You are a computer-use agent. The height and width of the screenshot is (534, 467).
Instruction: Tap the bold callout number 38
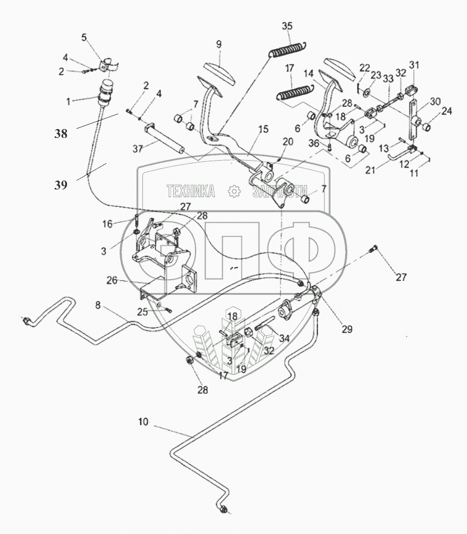62,133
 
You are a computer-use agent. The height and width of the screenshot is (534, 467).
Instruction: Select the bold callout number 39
61,185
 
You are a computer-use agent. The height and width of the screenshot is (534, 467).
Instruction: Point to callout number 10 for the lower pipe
143,422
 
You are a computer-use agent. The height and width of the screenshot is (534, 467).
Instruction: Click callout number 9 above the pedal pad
219,44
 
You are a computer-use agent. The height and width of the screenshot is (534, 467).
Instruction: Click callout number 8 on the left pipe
98,304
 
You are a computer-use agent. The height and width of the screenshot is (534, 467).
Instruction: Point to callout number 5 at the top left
84,37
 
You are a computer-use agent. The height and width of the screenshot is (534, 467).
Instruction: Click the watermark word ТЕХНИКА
191,192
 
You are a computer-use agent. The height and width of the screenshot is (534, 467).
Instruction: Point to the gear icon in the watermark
234,192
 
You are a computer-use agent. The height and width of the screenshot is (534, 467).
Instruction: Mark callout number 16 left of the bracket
107,223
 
